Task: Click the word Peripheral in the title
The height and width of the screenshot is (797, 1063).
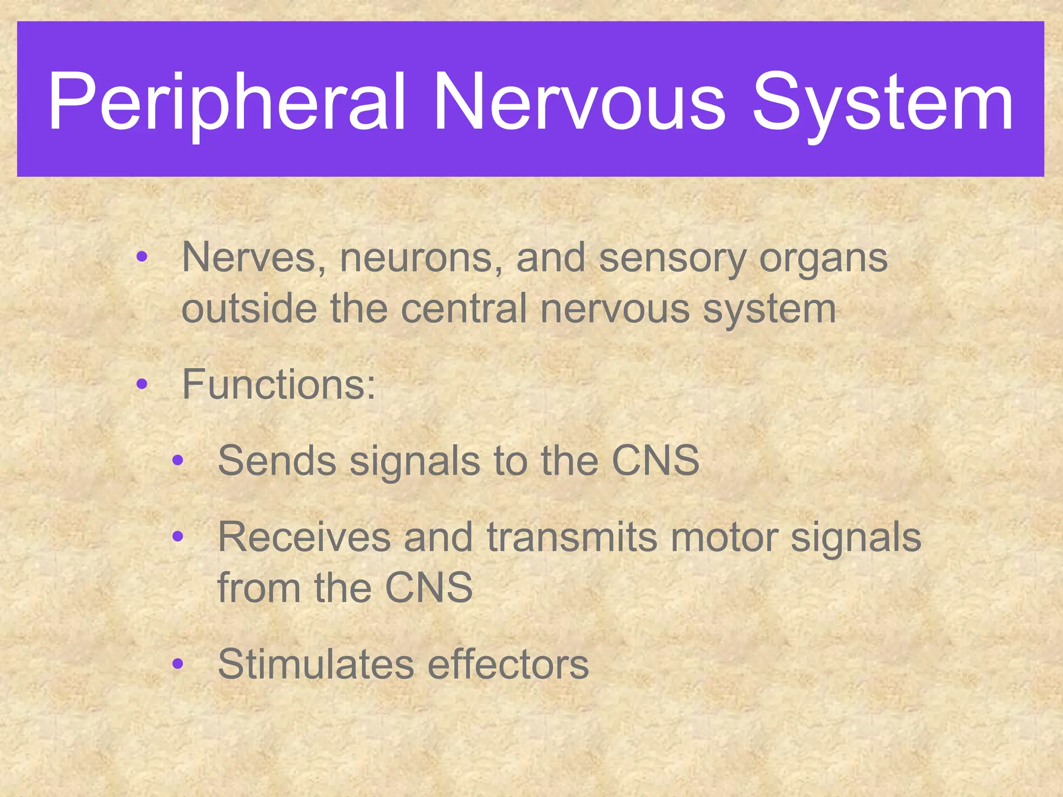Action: [226, 102]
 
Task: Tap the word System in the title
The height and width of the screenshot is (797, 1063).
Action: [882, 102]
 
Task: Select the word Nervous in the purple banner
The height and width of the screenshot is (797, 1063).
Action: [579, 102]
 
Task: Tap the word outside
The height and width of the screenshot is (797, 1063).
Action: [249, 309]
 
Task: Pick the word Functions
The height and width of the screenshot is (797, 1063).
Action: [278, 385]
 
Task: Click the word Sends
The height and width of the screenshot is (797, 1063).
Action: [277, 460]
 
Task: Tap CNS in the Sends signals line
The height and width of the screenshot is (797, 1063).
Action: [656, 460]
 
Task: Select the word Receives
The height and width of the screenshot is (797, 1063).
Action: [304, 537]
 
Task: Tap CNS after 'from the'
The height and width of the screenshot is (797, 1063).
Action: [429, 587]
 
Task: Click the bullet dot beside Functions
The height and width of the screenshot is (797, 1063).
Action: [142, 385]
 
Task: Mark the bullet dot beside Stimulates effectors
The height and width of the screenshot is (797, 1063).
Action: [178, 664]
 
